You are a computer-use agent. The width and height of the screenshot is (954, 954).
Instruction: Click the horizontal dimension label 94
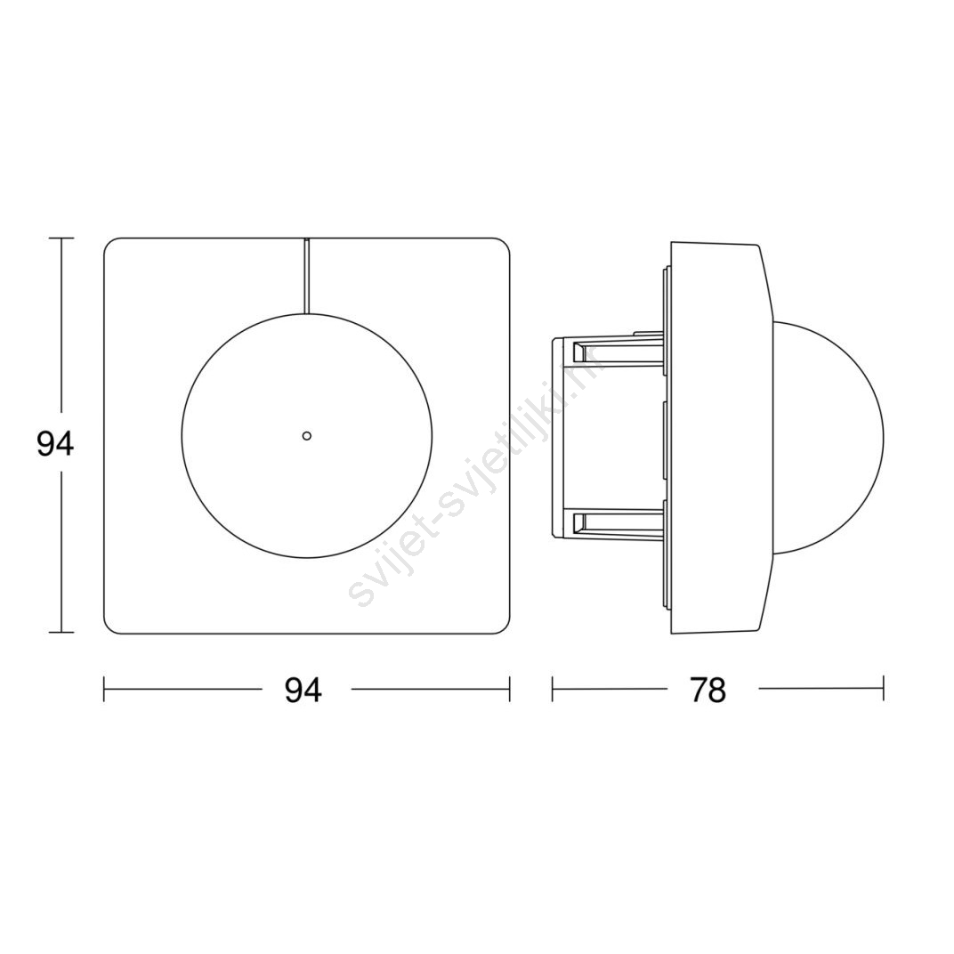tap(303, 691)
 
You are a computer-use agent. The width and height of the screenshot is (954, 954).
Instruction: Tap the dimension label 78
tap(708, 691)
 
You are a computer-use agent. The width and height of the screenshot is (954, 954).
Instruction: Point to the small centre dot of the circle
tap(307, 435)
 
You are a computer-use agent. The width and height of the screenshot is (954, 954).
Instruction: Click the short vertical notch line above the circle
tap(307, 276)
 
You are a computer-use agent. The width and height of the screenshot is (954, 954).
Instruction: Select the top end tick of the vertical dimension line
tap(61, 238)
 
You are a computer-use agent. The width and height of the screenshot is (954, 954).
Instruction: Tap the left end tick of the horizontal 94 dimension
tap(104, 690)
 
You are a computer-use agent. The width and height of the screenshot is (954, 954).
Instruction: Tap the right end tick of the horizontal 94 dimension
tap(509, 690)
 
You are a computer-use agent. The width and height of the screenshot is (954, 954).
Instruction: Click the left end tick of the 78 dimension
tap(553, 690)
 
